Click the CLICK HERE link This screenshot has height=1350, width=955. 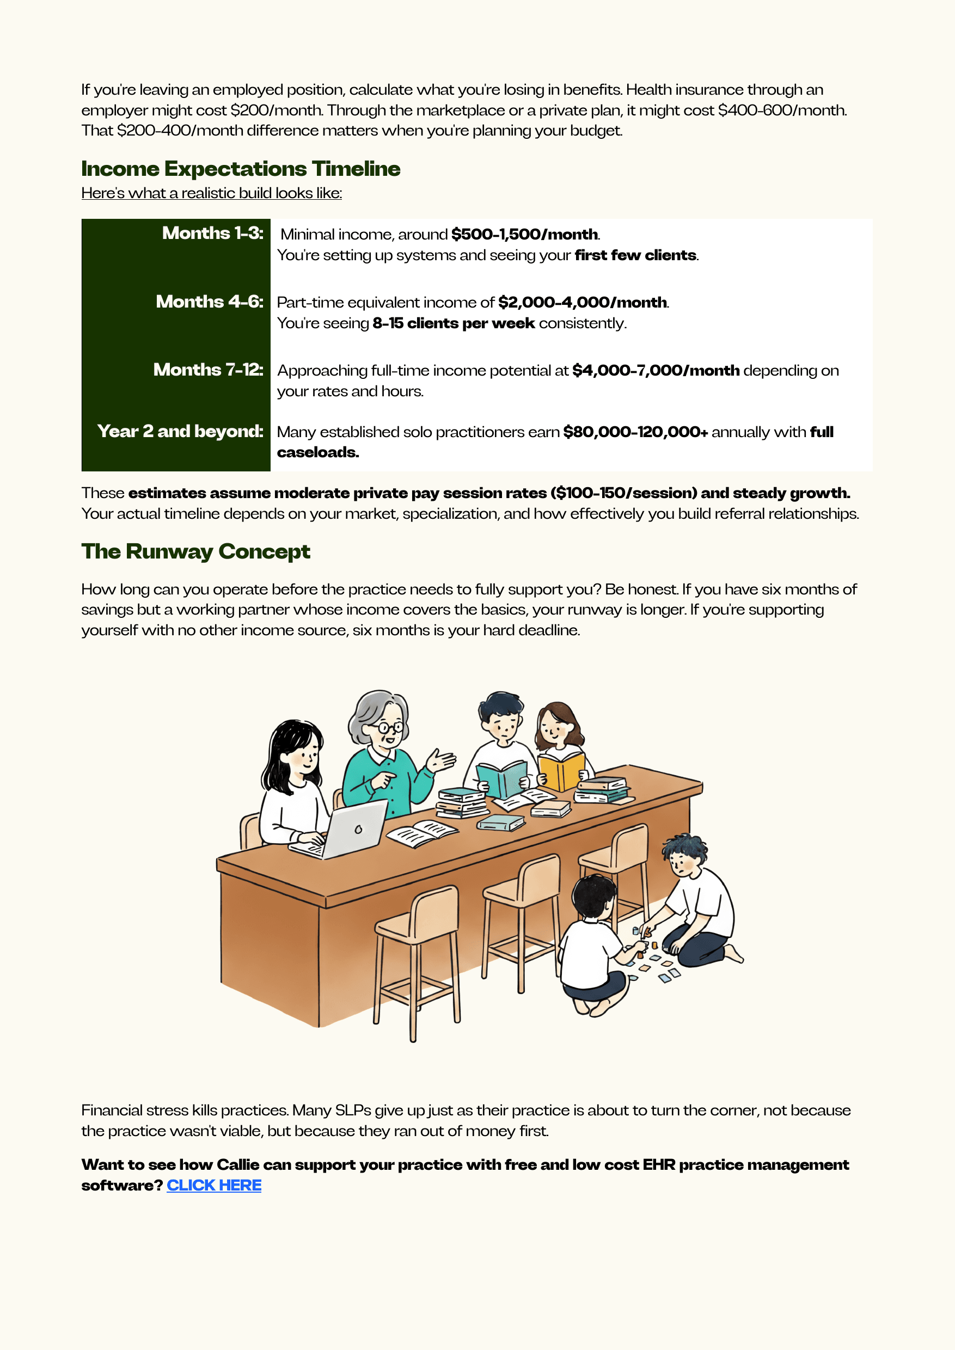coord(214,1186)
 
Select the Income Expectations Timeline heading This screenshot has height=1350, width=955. coord(241,169)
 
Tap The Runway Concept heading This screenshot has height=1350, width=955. coord(196,551)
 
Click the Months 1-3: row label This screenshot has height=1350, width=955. coord(212,234)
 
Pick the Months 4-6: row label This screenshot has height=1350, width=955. coord(209,302)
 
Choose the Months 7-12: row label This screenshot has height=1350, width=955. coord(208,370)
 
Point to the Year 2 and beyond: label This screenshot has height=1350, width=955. coord(180,432)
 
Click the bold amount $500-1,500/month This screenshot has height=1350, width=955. coord(524,235)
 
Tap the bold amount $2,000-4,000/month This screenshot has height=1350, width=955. coord(582,303)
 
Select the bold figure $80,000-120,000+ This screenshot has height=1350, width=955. coord(635,432)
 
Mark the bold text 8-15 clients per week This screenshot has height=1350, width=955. coord(454,323)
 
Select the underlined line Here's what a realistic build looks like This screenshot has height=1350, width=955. coord(211,193)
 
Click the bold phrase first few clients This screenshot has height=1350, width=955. coord(635,255)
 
